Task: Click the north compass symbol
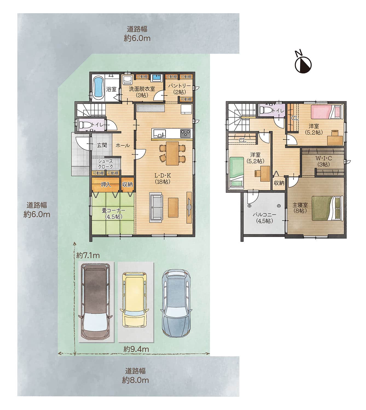pos(303,64)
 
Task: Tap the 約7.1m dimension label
pos(88,256)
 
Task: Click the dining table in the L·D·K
pos(172,153)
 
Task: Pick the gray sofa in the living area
pos(156,207)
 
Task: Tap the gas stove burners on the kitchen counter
pos(185,132)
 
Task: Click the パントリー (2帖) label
pos(179,89)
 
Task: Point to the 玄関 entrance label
pos(102,145)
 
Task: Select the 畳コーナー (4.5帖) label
pos(114,213)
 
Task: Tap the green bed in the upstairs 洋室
pos(237,173)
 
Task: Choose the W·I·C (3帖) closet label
pos(324,161)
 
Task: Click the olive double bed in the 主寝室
pos(327,208)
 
